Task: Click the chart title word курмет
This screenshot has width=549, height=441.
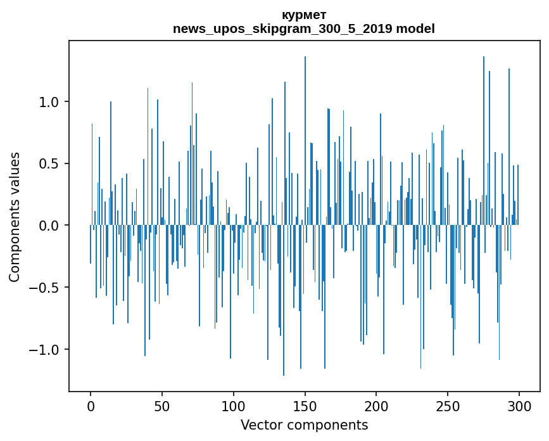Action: point(304,15)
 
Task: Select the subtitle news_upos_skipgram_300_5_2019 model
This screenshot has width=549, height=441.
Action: point(304,29)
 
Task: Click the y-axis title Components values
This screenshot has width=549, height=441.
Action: point(15,217)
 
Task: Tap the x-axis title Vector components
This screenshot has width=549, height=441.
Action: point(304,425)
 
